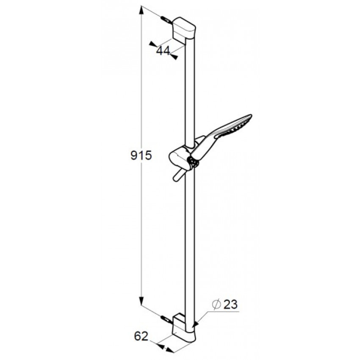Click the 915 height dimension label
click(x=141, y=156)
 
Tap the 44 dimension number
click(x=163, y=51)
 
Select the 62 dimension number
click(x=141, y=336)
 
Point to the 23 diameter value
click(x=230, y=305)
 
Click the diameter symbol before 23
click(x=216, y=305)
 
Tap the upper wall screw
click(x=166, y=20)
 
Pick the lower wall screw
click(x=166, y=320)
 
